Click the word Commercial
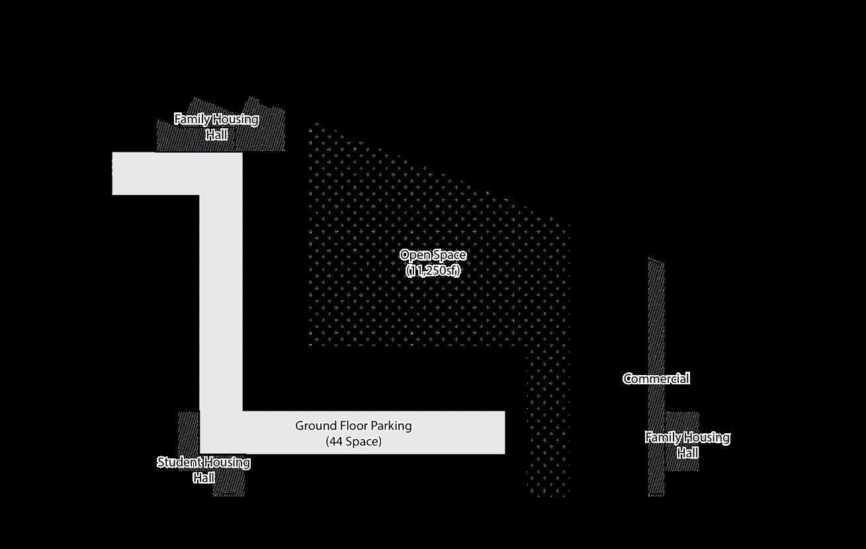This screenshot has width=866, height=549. (x=656, y=378)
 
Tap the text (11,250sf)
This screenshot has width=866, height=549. (x=433, y=271)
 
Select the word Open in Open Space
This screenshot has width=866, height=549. (x=414, y=255)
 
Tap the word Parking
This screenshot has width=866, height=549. (x=392, y=425)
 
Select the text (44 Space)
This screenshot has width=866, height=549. (x=353, y=441)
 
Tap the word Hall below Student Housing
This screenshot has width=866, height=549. (x=204, y=478)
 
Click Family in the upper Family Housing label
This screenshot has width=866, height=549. (x=191, y=119)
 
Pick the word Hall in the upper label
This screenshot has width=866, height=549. (x=216, y=135)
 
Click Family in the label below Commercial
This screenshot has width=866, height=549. (x=662, y=437)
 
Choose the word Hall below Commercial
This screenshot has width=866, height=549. (x=687, y=453)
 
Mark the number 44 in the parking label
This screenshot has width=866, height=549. (x=338, y=441)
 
